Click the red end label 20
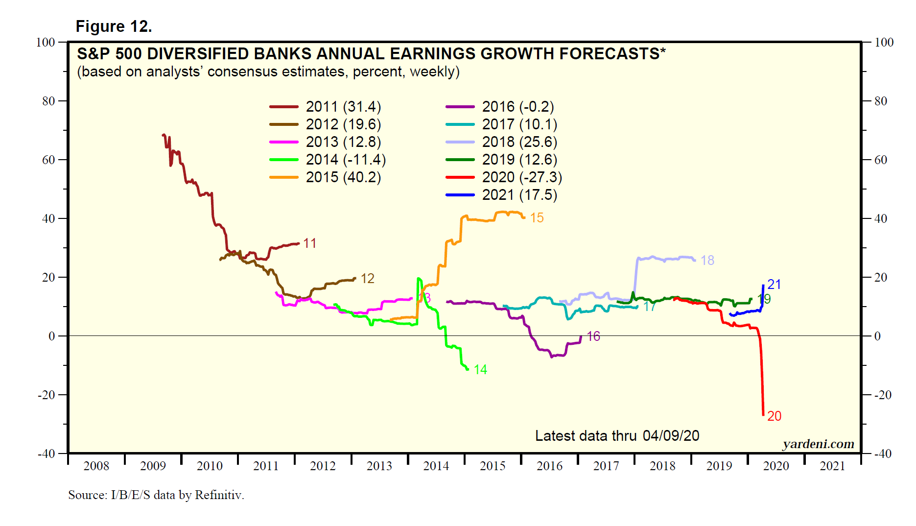click(x=774, y=416)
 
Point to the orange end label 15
click(x=537, y=218)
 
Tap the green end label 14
click(x=480, y=370)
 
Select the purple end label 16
click(x=593, y=336)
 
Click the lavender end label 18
click(x=707, y=261)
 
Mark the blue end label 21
click(x=774, y=285)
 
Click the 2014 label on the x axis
click(x=436, y=466)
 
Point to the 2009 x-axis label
click(x=153, y=466)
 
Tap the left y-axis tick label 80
click(x=48, y=101)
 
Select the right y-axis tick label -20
click(x=883, y=395)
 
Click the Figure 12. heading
click(x=114, y=26)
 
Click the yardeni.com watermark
click(x=818, y=444)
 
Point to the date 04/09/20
click(x=671, y=436)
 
